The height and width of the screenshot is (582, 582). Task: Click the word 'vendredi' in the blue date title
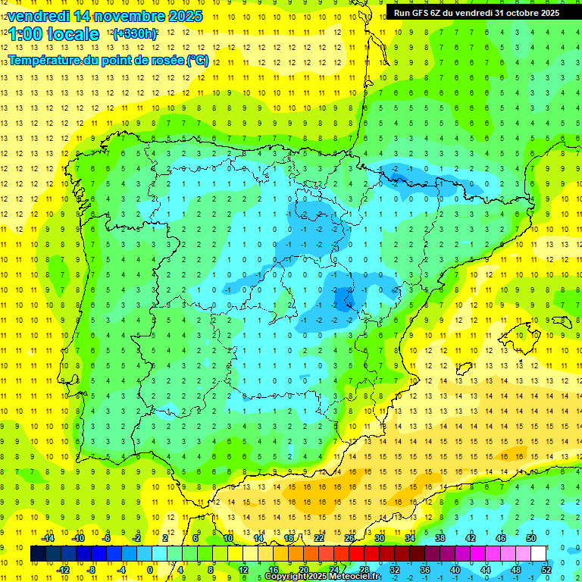click(x=39, y=16)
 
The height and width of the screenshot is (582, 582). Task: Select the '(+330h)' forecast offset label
click(x=135, y=34)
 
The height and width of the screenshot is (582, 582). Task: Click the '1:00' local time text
click(x=25, y=34)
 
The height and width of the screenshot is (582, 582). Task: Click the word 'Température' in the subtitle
click(x=44, y=61)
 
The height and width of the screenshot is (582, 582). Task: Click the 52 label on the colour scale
click(x=546, y=569)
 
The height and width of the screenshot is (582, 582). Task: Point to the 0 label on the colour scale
click(x=150, y=569)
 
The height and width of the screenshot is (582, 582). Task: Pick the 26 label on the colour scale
click(x=349, y=537)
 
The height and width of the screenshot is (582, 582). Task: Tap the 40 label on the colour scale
click(x=455, y=569)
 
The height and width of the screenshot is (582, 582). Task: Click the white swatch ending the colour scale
click(x=539, y=553)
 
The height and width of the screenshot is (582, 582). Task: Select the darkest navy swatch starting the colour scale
click(x=38, y=553)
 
